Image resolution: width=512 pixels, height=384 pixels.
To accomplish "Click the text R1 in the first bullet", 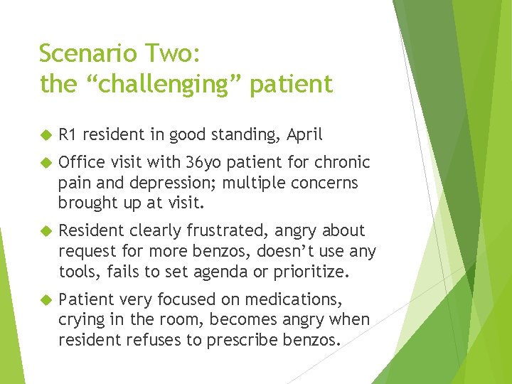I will [x=68, y=134].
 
